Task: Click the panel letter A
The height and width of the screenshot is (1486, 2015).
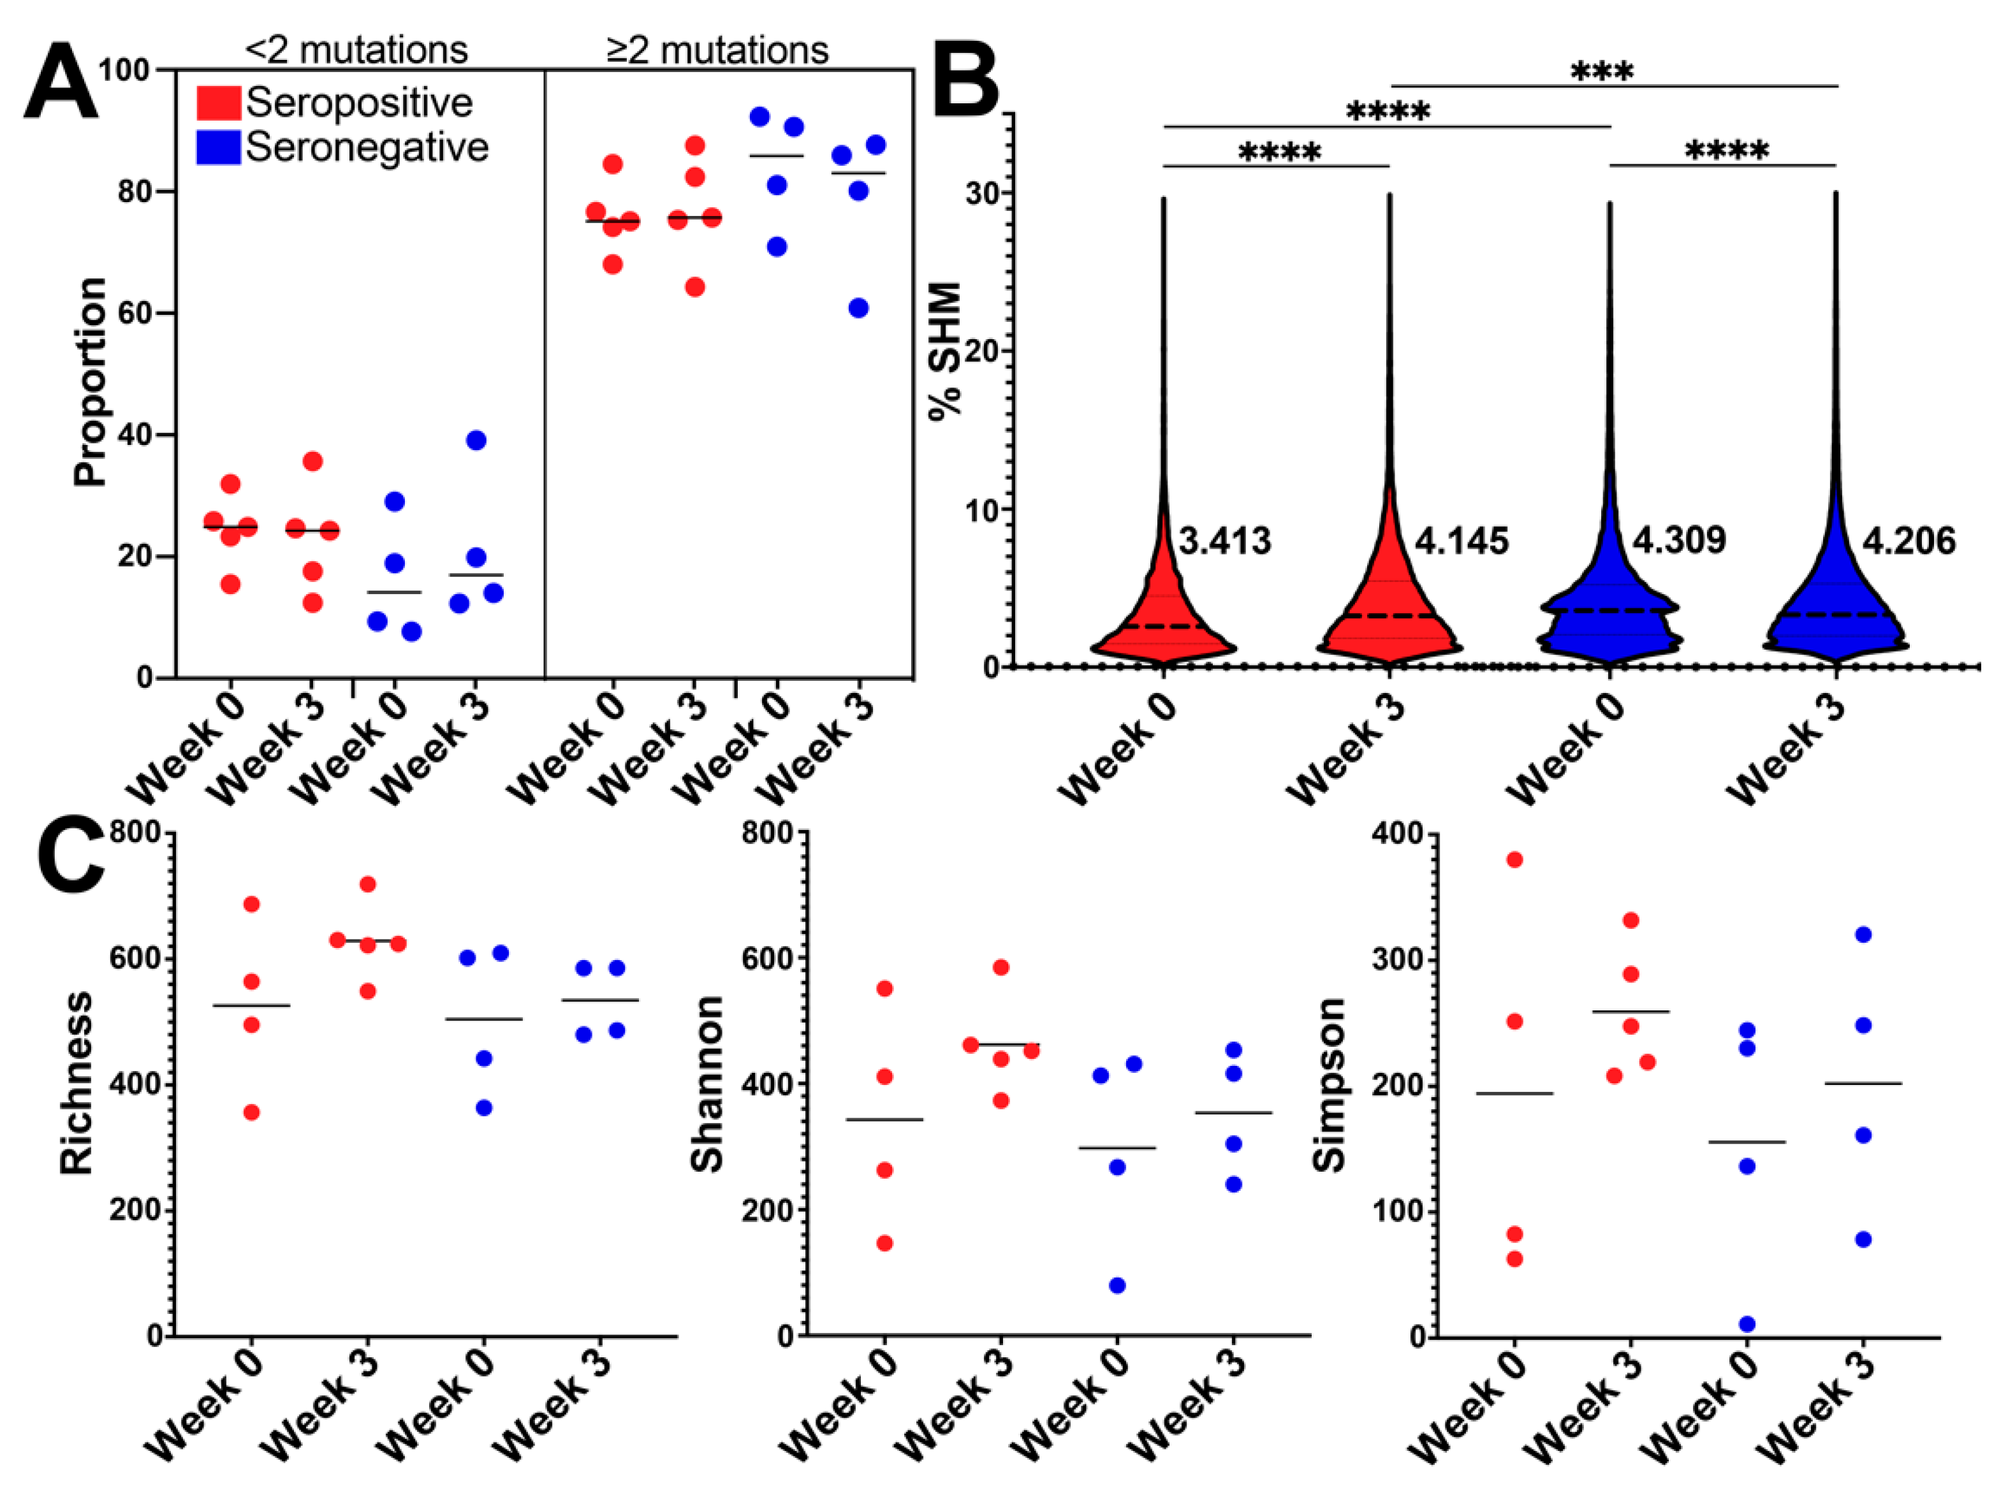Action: pos(61,87)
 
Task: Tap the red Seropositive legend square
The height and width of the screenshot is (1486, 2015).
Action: pos(219,103)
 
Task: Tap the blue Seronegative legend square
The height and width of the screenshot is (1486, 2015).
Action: pos(219,147)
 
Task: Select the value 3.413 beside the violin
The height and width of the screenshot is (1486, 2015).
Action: pos(1224,541)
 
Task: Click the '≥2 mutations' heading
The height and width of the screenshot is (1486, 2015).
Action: pos(717,50)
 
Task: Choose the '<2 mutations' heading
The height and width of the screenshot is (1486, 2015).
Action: pos(356,50)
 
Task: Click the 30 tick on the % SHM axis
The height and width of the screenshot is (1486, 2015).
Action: pos(985,193)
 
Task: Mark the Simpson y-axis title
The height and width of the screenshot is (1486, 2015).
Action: pos(1329,1085)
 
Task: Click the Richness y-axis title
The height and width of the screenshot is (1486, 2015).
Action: pos(77,1084)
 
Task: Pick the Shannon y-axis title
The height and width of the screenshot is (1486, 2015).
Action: pos(707,1084)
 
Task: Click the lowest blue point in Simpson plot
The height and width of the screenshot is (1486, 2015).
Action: pos(1747,1324)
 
